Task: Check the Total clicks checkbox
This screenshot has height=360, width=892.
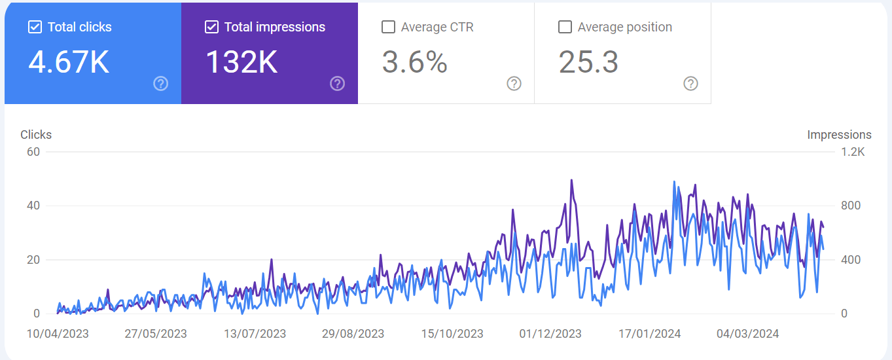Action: coord(35,27)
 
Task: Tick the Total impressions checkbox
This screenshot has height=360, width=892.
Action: coord(211,27)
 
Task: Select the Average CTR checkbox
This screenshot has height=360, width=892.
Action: coord(388,27)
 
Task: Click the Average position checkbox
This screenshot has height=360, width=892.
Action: coord(565,27)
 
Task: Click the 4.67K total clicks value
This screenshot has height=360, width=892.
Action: coord(69,62)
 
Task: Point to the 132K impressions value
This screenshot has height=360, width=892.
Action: coord(241,62)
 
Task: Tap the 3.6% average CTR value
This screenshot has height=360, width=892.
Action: coord(415,62)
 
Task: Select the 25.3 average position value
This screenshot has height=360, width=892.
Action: coord(588,62)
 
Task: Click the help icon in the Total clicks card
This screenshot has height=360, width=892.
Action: coord(161,83)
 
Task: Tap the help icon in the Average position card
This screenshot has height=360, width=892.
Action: coord(690,83)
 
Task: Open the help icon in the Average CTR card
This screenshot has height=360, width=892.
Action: coord(514,83)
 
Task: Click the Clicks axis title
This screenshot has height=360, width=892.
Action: coord(36,135)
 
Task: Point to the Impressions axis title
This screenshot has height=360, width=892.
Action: coord(839,135)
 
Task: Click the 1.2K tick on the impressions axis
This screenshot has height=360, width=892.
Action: coord(853,152)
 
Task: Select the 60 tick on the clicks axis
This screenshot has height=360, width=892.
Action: coord(33,152)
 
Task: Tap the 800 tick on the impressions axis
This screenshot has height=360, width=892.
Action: coord(851,206)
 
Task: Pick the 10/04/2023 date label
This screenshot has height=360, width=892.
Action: coord(58,334)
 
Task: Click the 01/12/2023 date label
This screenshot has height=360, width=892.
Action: coord(550,334)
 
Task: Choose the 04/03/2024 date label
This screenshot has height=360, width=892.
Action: coord(748,334)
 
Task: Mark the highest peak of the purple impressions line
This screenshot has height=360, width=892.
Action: coord(571,180)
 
